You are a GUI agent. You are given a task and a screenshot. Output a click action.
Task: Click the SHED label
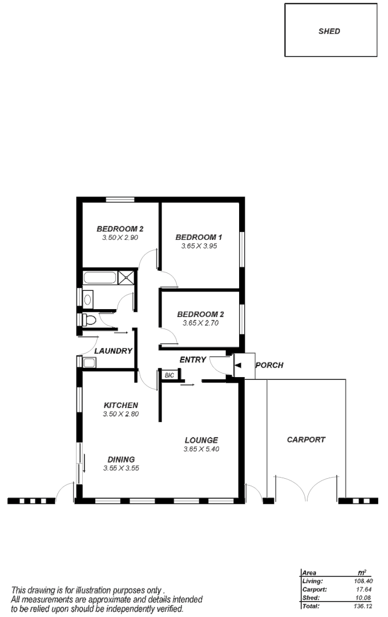tap(329, 31)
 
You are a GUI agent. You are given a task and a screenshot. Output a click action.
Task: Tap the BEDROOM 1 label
tap(199, 237)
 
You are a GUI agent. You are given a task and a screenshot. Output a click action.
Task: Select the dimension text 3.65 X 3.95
tap(199, 246)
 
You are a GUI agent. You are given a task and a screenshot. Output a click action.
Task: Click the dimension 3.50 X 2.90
tap(120, 238)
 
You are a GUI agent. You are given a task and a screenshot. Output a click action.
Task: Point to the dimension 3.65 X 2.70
tap(200, 323)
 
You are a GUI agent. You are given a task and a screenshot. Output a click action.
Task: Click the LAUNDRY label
tap(113, 351)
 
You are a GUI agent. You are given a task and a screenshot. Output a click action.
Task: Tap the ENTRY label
tap(193, 360)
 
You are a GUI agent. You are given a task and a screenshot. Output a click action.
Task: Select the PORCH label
tap(269, 365)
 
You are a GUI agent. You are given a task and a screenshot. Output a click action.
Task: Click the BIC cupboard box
tap(170, 375)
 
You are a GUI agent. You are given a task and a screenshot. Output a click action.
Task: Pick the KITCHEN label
tap(121, 405)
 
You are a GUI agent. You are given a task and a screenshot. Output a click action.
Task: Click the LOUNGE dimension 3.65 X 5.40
tap(201, 449)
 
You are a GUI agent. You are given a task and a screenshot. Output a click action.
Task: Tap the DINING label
tap(121, 459)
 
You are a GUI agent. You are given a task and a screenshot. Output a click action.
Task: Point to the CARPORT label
tap(306, 439)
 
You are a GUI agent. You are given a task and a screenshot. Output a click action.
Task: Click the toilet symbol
tap(89, 320)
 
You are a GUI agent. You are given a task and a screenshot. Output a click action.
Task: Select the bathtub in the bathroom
tap(100, 278)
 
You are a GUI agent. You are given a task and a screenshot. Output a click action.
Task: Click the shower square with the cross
tap(126, 278)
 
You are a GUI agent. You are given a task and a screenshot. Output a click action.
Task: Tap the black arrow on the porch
tap(237, 365)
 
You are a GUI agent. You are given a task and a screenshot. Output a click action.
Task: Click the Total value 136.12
tap(362, 606)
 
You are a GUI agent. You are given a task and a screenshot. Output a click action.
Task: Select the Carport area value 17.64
tap(364, 590)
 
